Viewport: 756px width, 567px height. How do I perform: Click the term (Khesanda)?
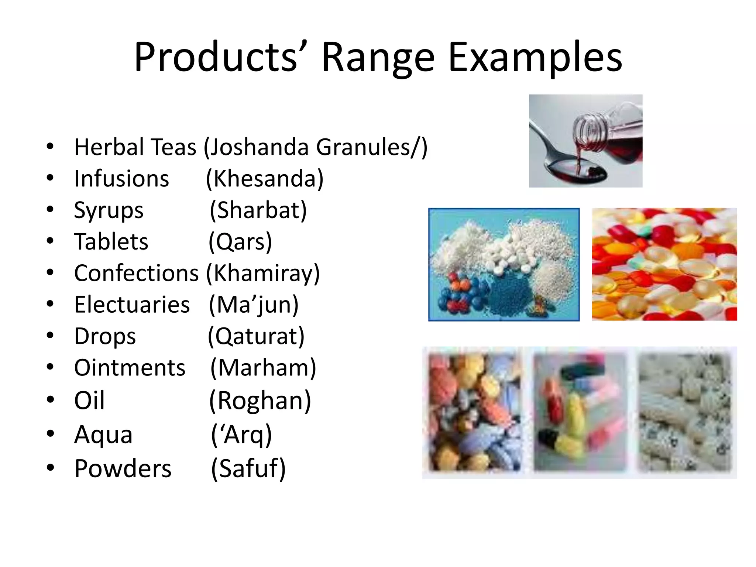click(x=265, y=179)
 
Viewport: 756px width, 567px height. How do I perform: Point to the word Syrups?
click(x=109, y=211)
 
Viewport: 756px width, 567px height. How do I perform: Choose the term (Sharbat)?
click(x=258, y=211)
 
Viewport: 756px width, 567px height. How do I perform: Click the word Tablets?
click(x=111, y=242)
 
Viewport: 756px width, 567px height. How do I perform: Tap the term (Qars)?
click(x=240, y=242)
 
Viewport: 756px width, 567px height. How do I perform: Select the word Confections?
click(x=137, y=274)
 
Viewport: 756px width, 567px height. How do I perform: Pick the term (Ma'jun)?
click(x=254, y=305)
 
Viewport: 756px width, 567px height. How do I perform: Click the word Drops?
click(x=105, y=337)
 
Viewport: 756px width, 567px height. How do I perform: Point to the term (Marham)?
click(x=263, y=368)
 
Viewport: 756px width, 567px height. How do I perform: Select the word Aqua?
click(x=103, y=434)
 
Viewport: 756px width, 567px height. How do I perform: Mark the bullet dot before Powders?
click(x=50, y=467)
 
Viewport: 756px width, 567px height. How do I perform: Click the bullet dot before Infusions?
click(x=50, y=178)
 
